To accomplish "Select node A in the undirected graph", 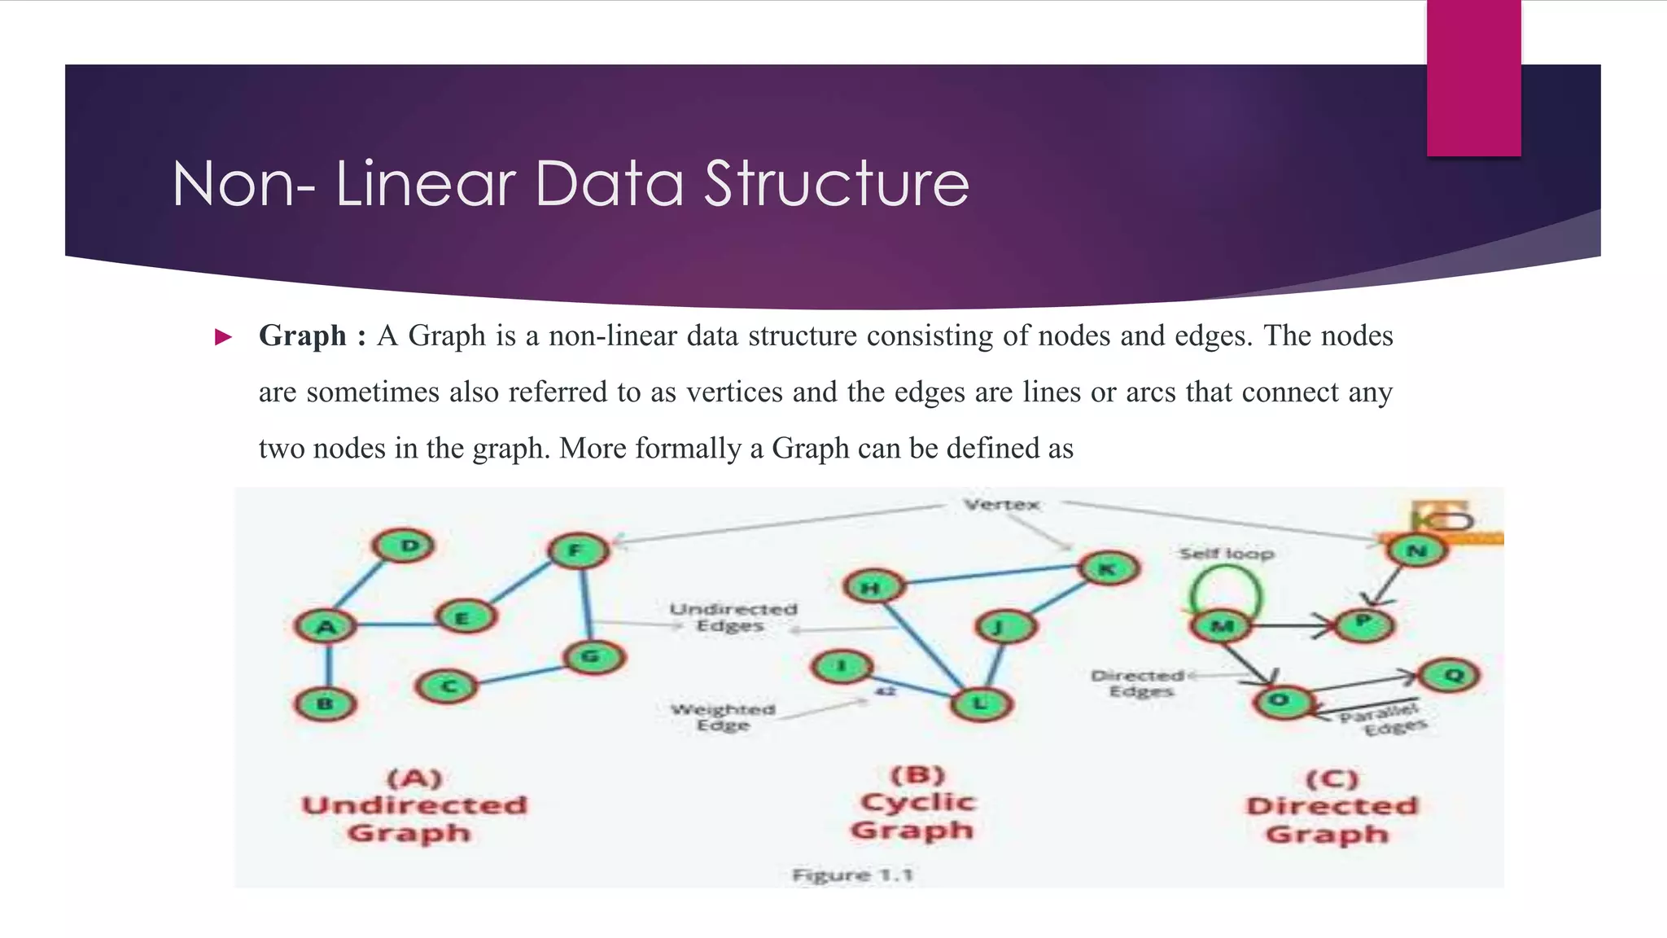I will pos(326,627).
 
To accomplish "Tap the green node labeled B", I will pos(326,704).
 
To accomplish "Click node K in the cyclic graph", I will pos(1108,568).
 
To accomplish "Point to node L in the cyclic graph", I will pos(981,704).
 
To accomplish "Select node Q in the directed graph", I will pos(1449,675).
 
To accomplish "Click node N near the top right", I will pos(1417,551).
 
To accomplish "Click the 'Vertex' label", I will pos(1001,505).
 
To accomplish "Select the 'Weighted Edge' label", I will pos(723,717).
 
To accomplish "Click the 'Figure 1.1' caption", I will pos(852,875).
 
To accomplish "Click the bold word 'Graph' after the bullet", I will pos(302,335).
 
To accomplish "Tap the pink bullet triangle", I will pos(222,337).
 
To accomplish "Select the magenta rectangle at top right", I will pos(1473,77).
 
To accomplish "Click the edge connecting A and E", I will pos(395,625).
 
